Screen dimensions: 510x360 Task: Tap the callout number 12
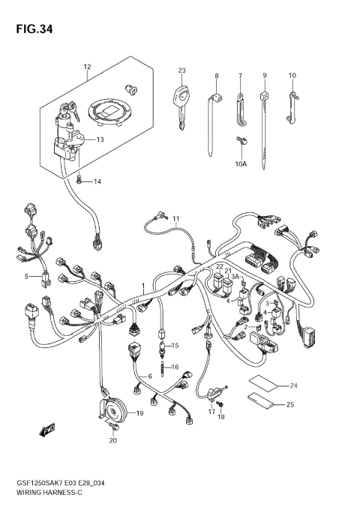[x=86, y=67]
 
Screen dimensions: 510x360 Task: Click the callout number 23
[x=181, y=70]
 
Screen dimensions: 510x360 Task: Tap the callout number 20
[x=113, y=440]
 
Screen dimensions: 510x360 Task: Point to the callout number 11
[x=175, y=219]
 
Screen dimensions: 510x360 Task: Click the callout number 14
[x=96, y=181]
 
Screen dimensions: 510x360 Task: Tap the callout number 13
[x=100, y=139]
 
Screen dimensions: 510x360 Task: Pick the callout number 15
[x=176, y=345]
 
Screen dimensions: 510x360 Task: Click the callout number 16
[x=176, y=367]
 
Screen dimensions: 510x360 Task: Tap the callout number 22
[x=220, y=266]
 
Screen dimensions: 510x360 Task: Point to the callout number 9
[x=265, y=76]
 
